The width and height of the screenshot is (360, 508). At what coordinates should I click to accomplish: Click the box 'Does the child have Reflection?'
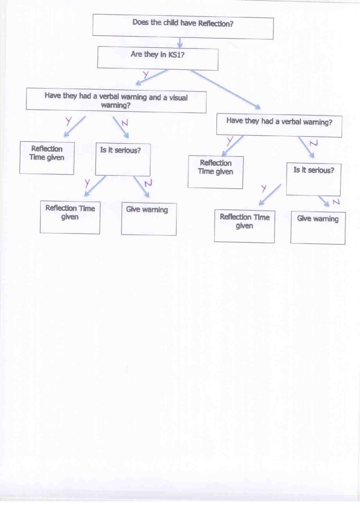[x=183, y=27]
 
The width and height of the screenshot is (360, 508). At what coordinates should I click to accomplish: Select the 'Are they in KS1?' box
[x=158, y=58]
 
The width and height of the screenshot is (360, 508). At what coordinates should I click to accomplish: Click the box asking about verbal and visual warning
[x=116, y=100]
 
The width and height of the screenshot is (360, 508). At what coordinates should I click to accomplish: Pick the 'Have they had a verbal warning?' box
[x=279, y=126]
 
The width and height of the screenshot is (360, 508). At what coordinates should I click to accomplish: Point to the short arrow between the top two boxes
[x=180, y=43]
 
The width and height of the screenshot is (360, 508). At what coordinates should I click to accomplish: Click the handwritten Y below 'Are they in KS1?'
[x=146, y=74]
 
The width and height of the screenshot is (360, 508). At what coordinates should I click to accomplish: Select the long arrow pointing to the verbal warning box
[x=226, y=89]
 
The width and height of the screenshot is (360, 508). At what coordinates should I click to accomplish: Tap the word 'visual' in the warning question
[x=178, y=98]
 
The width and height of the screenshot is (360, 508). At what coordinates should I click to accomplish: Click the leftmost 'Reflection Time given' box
[x=47, y=158]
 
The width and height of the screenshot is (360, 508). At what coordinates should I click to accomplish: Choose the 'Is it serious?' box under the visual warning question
[x=123, y=159]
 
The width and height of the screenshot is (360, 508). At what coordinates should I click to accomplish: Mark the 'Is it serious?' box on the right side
[x=313, y=179]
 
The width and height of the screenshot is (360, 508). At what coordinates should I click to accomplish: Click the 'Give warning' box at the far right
[x=318, y=228]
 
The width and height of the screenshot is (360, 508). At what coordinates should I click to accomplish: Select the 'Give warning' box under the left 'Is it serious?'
[x=149, y=219]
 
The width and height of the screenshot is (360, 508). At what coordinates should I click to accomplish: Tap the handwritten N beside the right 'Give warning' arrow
[x=336, y=202]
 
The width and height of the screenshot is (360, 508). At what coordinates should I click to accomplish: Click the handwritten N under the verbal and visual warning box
[x=125, y=123]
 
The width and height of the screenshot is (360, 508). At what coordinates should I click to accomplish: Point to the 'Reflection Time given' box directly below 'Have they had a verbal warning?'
[x=216, y=172]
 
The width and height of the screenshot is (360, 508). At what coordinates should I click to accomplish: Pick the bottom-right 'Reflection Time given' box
[x=245, y=226]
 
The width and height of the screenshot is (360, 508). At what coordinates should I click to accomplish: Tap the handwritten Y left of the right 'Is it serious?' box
[x=264, y=188]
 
